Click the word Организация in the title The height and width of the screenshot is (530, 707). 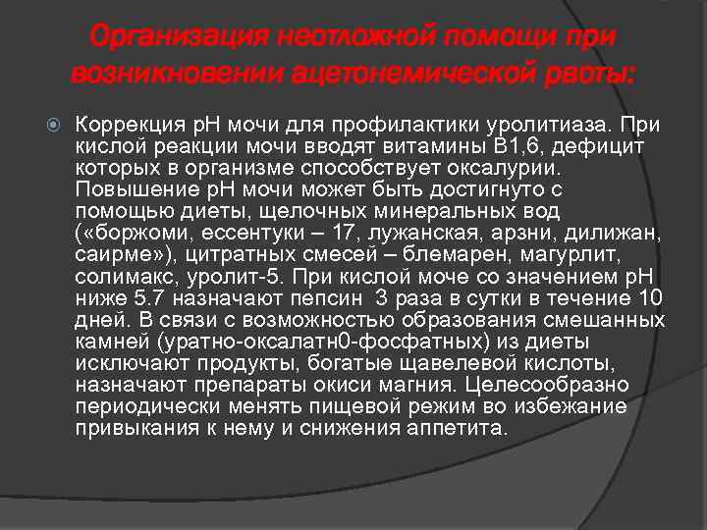click(x=180, y=38)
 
